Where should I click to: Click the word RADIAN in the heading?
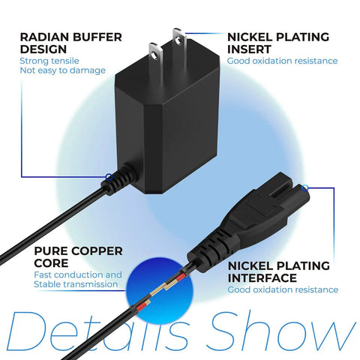coord(44,37)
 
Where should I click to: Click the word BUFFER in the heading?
coord(97,37)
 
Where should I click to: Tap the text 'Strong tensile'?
coord(49,61)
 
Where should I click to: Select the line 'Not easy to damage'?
coord(63,70)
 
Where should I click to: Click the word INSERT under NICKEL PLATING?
coord(249,49)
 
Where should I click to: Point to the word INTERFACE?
coord(262,278)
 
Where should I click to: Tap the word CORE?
coord(51,263)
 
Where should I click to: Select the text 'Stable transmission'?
coord(76,284)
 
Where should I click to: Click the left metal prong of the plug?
coord(156,52)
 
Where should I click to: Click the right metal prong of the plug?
coord(179,37)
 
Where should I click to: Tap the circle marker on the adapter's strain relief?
coord(109,177)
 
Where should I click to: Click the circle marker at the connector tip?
coord(304,188)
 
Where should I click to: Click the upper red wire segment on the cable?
coord(181,277)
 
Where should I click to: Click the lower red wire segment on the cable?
coord(140,307)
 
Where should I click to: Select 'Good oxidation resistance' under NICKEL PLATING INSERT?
coord(283,61)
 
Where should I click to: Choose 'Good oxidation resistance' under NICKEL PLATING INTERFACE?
coord(283,289)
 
